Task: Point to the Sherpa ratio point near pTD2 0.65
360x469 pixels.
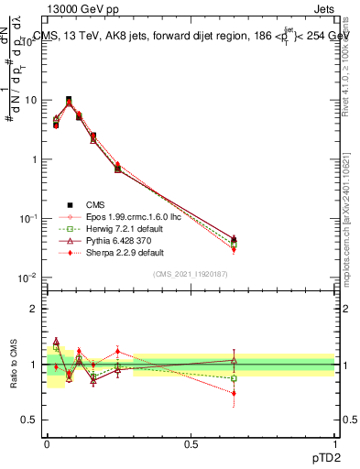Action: [x=234, y=393]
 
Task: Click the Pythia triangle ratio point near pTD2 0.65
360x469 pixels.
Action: [x=234, y=360]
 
